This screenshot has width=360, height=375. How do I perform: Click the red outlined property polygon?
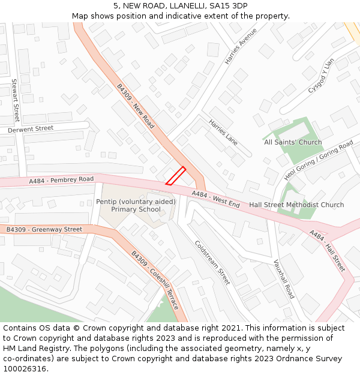(176, 176)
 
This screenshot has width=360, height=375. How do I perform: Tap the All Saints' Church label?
(293, 142)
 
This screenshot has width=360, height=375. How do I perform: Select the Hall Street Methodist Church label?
(296, 205)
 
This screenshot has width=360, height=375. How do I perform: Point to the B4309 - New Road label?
(136, 107)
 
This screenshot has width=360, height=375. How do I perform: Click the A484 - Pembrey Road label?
(61, 180)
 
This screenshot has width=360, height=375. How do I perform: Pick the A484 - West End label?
(215, 200)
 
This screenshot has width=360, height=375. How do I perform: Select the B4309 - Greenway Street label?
(44, 229)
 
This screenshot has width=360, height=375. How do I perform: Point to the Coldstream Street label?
(212, 262)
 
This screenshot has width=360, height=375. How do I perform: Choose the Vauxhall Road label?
(283, 278)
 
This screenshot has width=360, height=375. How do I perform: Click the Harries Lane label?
(223, 131)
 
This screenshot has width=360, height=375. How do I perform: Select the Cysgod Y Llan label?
(321, 76)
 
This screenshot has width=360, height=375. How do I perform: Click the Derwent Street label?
(31, 128)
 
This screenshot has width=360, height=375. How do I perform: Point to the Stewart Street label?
(16, 100)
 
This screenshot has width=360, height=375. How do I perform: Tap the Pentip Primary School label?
(136, 206)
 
